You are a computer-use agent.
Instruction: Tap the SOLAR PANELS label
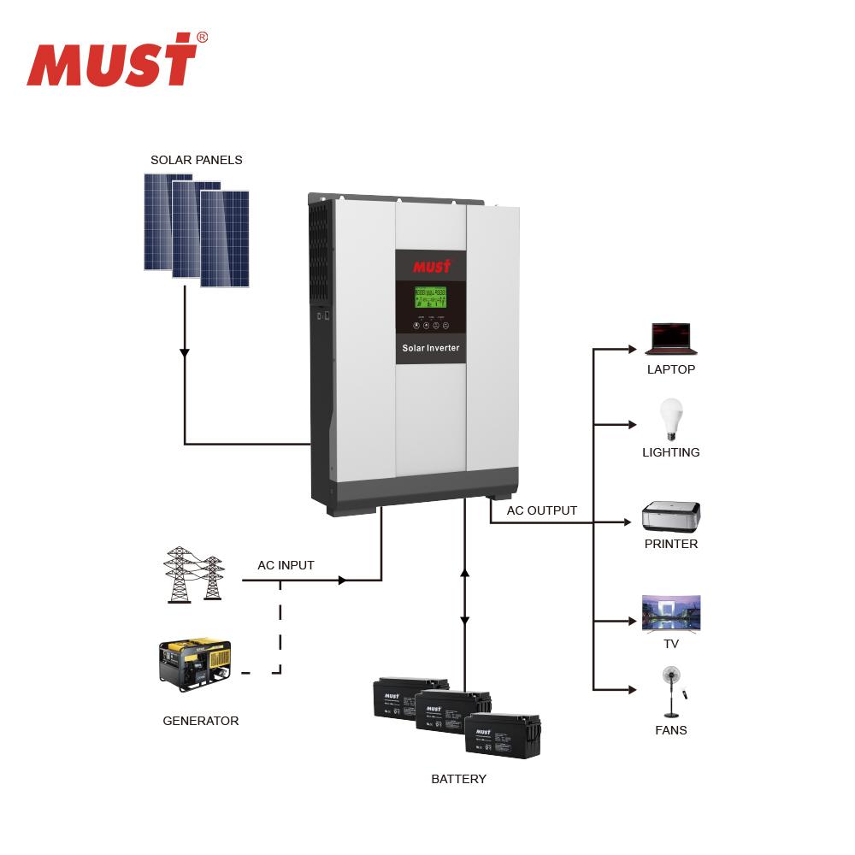196,160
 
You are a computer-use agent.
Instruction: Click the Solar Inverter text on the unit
431,348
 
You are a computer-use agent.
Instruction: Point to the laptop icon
671,339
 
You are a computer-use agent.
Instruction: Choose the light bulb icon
671,420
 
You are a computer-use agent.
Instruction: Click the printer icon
671,516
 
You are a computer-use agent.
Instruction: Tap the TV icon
671,614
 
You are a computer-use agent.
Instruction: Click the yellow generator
195,662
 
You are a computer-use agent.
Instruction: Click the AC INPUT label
286,565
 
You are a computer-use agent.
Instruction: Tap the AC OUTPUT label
542,510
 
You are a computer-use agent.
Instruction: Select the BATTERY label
458,779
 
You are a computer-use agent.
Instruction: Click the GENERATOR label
201,721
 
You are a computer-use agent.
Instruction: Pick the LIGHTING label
671,452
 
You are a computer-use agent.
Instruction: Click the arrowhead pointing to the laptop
633,350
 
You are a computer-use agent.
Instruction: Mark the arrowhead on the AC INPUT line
342,581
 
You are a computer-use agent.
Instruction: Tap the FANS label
671,730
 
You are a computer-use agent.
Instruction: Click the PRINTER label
671,544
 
